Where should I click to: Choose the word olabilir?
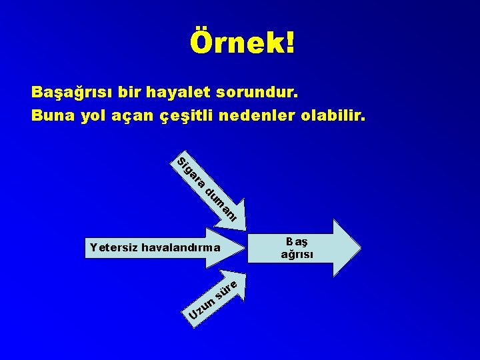pos(332,115)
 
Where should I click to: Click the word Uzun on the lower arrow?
pos(201,309)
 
